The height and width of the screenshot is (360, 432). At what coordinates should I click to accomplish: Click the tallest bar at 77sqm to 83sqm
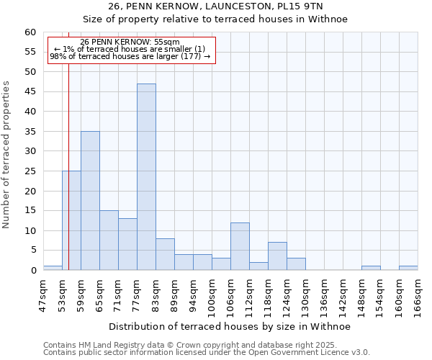[146, 177]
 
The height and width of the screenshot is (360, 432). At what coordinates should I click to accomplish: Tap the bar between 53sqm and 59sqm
[71, 220]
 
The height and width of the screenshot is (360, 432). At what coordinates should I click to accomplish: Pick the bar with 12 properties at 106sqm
[240, 246]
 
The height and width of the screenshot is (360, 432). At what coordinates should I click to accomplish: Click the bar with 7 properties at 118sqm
[277, 256]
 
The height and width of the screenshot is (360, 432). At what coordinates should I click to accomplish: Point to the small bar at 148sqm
[371, 268]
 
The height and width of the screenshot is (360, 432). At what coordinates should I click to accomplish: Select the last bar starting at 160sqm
[408, 268]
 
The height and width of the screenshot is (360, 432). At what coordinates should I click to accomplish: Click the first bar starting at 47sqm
[53, 268]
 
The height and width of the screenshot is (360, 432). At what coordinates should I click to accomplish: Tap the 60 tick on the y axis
[30, 32]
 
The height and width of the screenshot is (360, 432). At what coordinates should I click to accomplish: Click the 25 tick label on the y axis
[30, 171]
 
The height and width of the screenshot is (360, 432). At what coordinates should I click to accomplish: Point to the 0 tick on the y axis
[32, 271]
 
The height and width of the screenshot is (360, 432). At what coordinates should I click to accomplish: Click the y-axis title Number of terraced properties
[7, 154]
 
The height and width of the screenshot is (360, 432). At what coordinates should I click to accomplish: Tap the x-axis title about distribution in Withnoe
[230, 327]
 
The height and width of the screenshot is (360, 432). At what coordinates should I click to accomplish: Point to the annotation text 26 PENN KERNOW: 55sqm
[130, 42]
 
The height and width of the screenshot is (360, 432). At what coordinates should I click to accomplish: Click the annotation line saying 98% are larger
[130, 56]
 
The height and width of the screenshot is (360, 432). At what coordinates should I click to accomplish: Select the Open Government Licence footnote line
[207, 352]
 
